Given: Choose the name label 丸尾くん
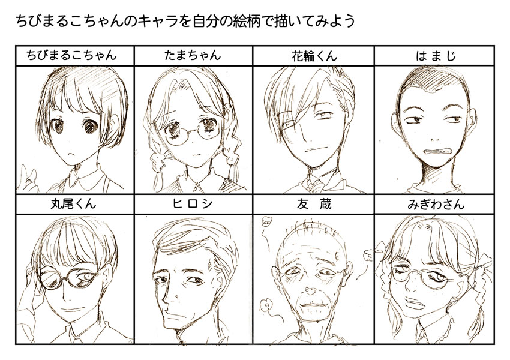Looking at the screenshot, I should (x=74, y=204).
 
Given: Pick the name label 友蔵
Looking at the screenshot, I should (x=313, y=204).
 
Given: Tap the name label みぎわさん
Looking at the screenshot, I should (x=434, y=204).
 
